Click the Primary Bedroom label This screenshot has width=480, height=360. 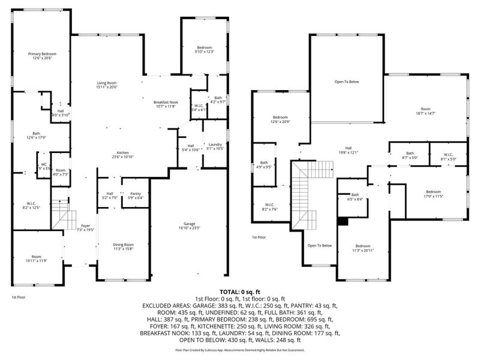coord(41,56)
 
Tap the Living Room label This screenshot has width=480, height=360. coord(107,85)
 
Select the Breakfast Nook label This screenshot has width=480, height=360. coord(166,104)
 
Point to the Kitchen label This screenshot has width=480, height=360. coord(123,154)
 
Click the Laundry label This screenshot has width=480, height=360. coord(215,146)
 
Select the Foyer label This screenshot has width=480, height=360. coord(86,227)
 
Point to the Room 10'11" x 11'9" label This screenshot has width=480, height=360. coord(36,259)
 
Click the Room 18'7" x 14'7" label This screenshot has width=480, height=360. coord(425,111)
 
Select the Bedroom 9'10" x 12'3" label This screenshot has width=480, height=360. coord(204,50)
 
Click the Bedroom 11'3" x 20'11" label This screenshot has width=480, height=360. coord(362,248)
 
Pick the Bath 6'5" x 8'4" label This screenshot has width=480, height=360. coord(355,197)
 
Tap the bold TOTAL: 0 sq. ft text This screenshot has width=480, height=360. coord(239,291)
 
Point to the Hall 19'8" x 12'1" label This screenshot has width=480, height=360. coord(348,150)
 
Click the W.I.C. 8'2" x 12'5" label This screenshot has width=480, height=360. coord(30,205)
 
